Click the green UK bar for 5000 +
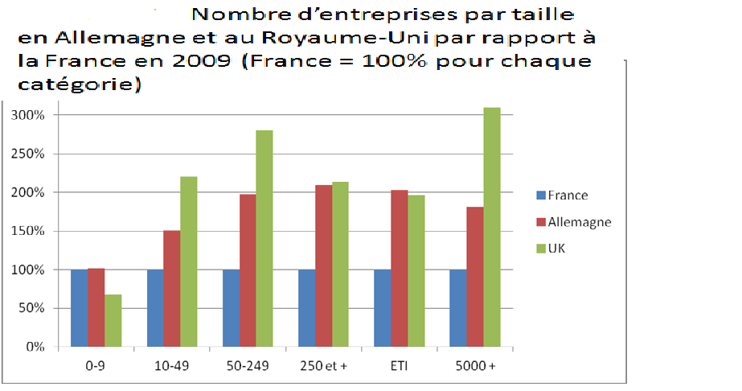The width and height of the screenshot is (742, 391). pos(492,227)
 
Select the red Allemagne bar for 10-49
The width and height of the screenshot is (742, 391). pos(172,289)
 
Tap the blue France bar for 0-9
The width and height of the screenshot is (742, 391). pos(79,308)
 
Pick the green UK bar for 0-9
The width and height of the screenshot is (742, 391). pos(113,320)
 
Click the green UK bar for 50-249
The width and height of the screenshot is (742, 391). pos(264,238)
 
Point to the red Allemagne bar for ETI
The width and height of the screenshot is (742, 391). pos(400,268)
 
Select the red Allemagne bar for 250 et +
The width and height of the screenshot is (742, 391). pos(323,265)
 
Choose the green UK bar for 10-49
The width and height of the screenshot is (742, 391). pos(189,261)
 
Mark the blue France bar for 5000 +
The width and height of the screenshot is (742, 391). pos(458,308)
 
